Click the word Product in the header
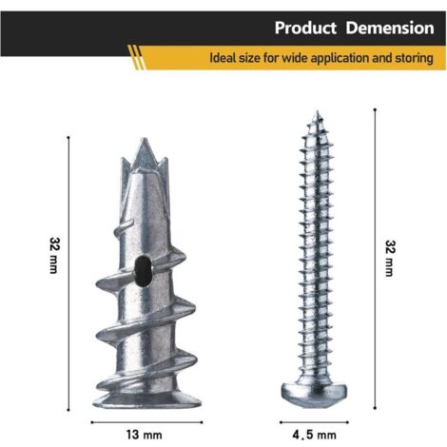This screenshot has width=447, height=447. pos(305,28)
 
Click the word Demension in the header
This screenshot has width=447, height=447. pos(390,28)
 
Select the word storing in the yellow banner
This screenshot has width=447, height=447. pos(414,59)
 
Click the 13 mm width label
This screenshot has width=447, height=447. pos(145,435)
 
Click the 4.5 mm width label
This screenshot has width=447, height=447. pos(314,435)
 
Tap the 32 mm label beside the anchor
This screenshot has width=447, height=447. pos(53,255)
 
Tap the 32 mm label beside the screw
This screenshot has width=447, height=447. pos(390,259)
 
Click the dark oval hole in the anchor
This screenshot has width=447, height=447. pos(143,271)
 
